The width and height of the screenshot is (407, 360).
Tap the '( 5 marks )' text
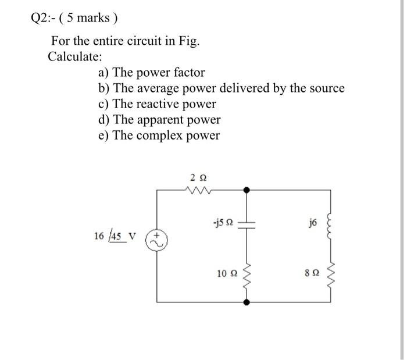90,18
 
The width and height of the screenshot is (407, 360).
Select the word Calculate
75,57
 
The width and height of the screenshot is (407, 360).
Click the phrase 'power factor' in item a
174,73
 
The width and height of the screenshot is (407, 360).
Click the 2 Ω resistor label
198,176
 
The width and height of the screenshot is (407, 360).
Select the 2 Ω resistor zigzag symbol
198,189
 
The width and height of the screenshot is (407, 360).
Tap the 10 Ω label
226,273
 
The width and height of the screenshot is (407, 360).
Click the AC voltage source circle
157,240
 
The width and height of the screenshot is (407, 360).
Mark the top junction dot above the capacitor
247,190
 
